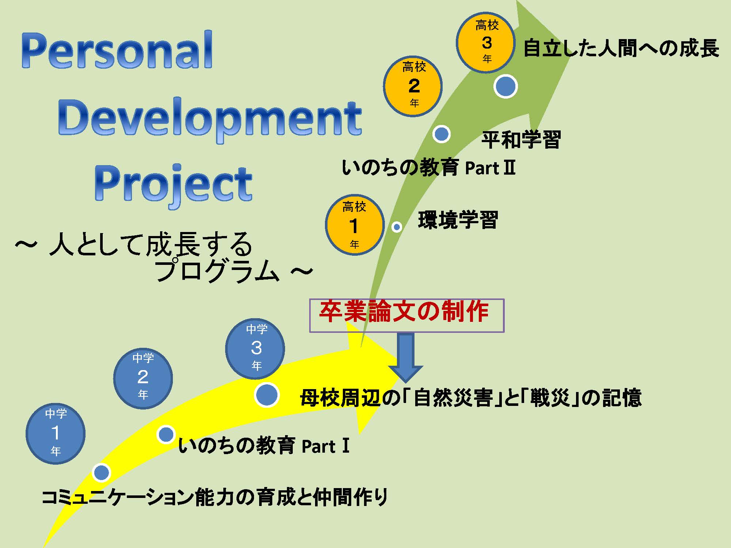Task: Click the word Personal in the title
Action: click(x=117, y=50)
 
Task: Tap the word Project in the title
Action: click(x=173, y=184)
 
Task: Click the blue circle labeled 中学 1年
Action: click(x=56, y=434)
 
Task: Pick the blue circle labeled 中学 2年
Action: click(x=143, y=378)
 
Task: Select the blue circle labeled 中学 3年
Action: click(x=255, y=349)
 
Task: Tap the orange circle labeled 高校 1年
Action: click(x=355, y=225)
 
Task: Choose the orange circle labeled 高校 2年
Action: click(x=413, y=86)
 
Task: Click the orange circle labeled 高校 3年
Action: click(x=486, y=42)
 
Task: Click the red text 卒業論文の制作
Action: click(x=404, y=312)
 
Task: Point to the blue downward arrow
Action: click(x=405, y=357)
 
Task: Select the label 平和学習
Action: click(x=521, y=140)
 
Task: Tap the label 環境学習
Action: click(x=458, y=220)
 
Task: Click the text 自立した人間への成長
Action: click(x=621, y=49)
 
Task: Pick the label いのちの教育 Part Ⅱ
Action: click(x=429, y=168)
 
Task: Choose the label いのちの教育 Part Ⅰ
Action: click(x=264, y=445)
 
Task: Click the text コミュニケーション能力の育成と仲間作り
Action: click(x=215, y=498)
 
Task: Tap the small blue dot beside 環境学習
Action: click(x=397, y=227)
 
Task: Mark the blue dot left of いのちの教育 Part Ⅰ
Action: click(x=166, y=434)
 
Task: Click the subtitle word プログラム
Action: click(x=217, y=271)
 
